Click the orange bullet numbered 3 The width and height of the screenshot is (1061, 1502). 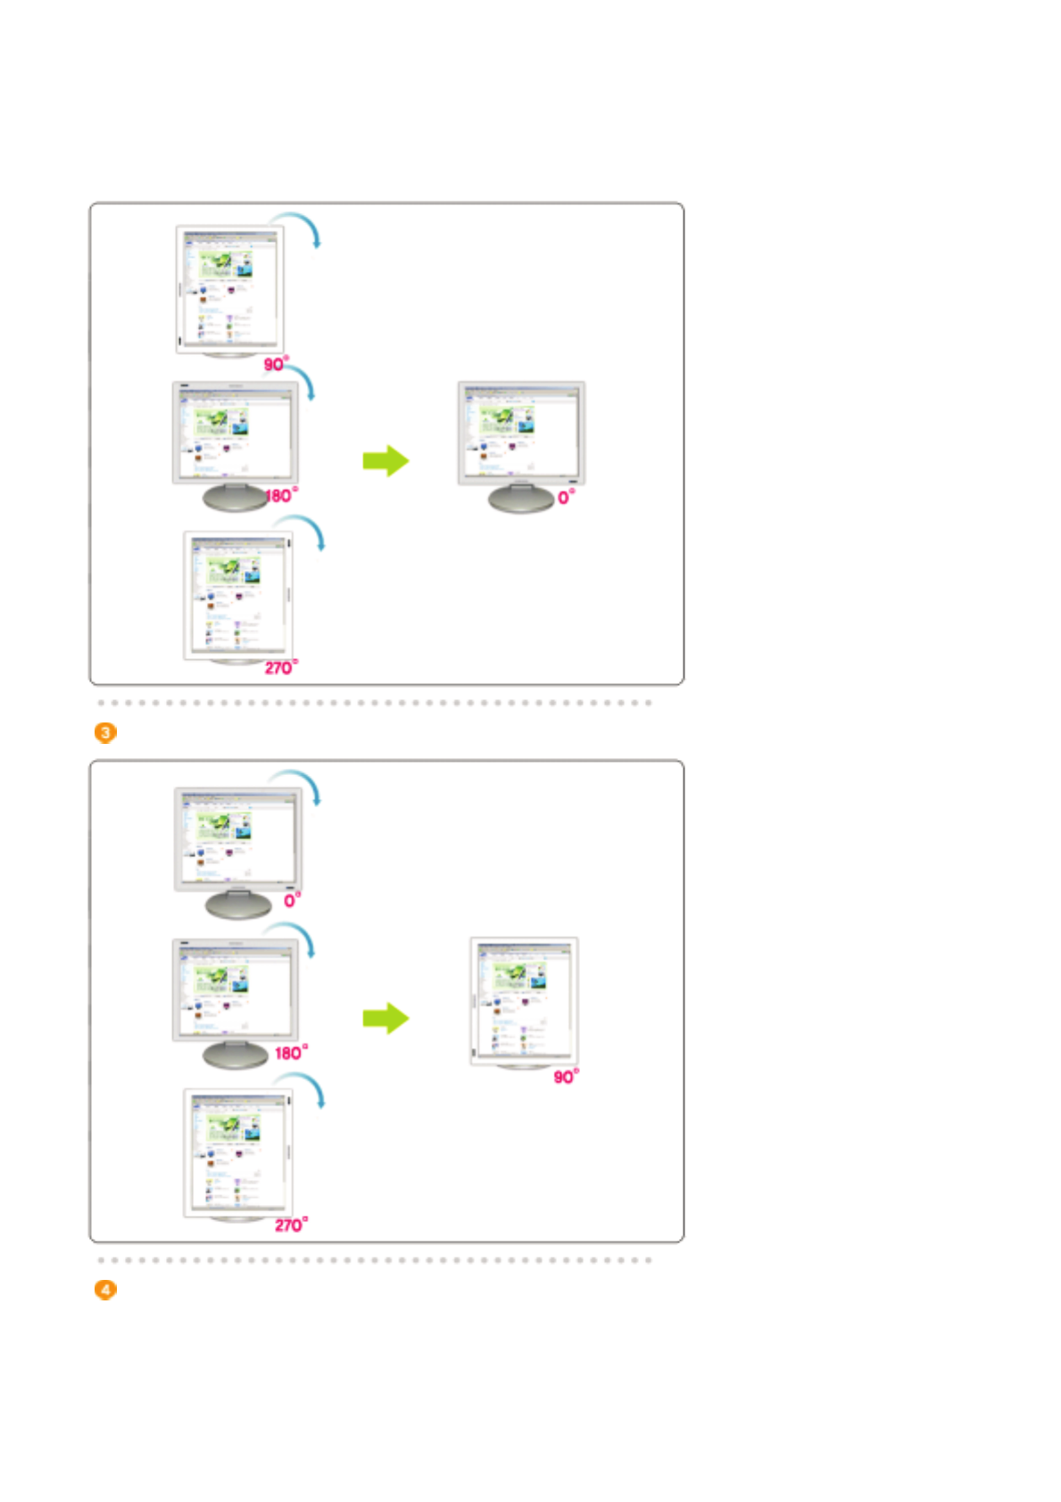(x=105, y=732)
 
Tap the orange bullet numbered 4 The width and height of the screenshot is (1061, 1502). (x=105, y=1290)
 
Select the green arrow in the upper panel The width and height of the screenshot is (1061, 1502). (x=385, y=461)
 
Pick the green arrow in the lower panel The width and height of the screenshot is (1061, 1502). (x=385, y=1019)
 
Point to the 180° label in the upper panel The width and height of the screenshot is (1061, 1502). (x=281, y=495)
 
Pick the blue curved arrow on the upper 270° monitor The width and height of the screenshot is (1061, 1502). (x=308, y=528)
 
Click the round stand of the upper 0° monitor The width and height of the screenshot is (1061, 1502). (x=521, y=499)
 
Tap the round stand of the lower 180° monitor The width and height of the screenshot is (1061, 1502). (x=236, y=1055)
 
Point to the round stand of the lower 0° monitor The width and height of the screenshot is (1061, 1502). (x=238, y=905)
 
